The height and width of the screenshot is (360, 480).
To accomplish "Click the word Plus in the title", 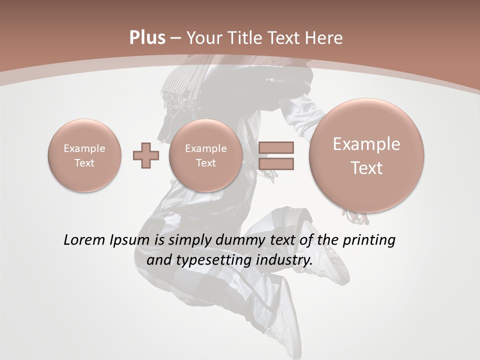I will point(147,38).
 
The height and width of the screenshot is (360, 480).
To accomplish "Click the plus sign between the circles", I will point(146,155).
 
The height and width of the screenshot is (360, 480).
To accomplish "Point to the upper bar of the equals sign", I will point(276,147).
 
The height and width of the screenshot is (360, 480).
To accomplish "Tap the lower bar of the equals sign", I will point(276,163).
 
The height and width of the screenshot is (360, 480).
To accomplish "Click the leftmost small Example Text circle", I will point(84,155).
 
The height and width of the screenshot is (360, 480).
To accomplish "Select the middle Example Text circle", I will point(205,155).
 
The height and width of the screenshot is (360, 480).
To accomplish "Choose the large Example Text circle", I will point(366,155).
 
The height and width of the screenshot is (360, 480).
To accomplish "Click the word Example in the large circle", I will point(366,144).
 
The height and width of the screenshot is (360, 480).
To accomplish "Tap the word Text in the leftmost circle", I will point(84,163).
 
